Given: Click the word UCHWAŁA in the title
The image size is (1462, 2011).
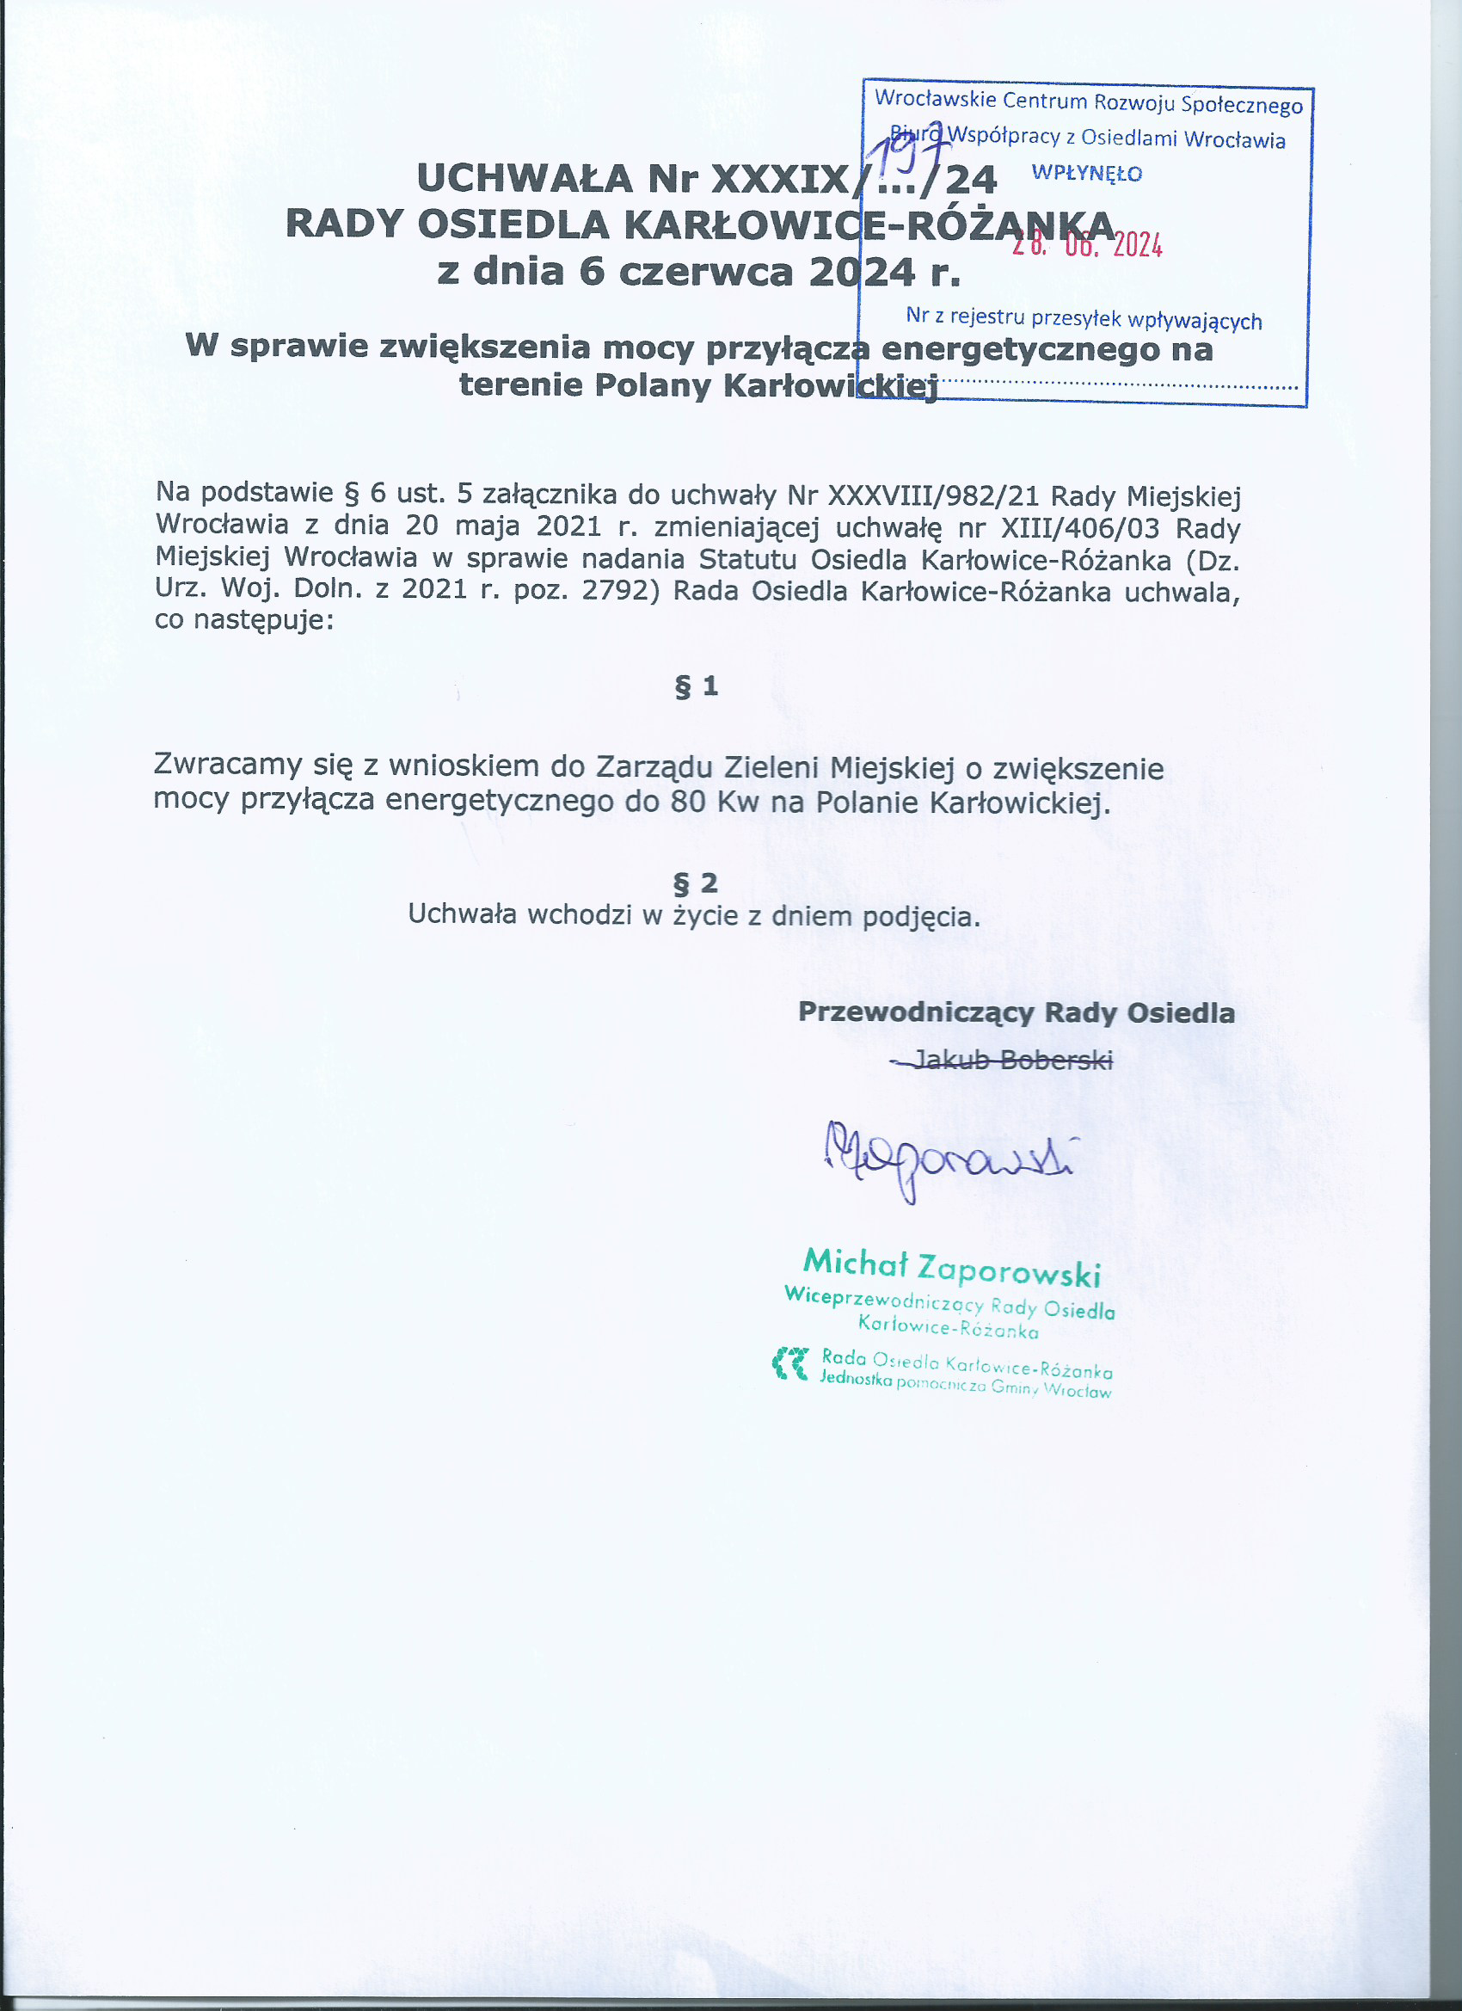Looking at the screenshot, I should click(524, 179).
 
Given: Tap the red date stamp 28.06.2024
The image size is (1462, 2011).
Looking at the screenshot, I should click(1087, 243).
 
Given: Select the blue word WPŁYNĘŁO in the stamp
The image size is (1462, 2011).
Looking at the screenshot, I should click(1087, 174).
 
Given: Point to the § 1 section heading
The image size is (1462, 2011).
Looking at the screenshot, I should click(696, 686).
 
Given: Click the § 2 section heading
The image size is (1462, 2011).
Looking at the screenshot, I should click(695, 883).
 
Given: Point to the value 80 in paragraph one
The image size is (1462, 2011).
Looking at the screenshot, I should click(688, 803).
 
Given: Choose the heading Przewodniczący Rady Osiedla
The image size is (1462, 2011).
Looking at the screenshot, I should click(1016, 1012).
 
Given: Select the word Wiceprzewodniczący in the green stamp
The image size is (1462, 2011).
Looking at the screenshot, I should click(883, 1301).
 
